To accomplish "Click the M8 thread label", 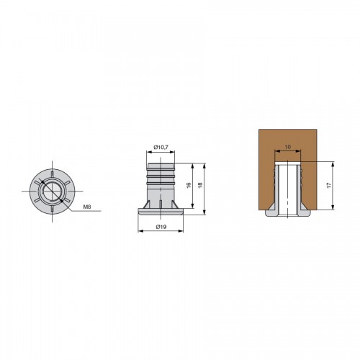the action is pos(87,207).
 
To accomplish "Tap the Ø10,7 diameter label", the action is pos(161,147).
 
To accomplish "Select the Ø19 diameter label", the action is pos(161,226).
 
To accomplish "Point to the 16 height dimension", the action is pos(189,185).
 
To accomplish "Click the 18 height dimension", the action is pos(200,185).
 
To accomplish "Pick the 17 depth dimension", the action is pos(329,185).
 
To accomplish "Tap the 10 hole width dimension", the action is pos(287,147).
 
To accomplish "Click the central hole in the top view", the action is pos(52,192).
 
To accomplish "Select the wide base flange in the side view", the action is pos(161,212).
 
